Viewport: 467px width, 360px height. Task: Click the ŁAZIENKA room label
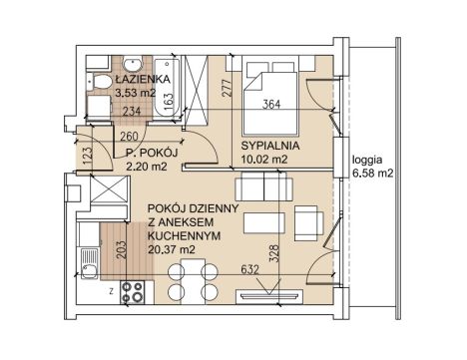click(x=143, y=80)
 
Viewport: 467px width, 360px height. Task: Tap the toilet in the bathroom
click(x=99, y=82)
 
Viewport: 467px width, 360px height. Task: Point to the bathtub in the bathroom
click(x=168, y=88)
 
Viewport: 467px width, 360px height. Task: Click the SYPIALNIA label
click(x=270, y=146)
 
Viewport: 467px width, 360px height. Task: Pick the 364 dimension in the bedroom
click(x=271, y=105)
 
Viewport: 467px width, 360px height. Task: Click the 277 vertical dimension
click(x=227, y=88)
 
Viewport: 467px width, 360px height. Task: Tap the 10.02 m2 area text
click(x=264, y=160)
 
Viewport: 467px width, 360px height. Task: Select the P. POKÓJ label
click(x=152, y=154)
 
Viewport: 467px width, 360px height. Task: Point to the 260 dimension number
click(x=129, y=137)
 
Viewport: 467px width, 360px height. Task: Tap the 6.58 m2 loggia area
click(x=373, y=174)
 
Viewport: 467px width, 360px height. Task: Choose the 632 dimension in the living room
click(x=249, y=269)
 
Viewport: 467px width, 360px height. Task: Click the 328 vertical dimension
click(x=274, y=253)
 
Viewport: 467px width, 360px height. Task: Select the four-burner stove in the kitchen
click(x=133, y=292)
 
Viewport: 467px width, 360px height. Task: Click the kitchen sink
click(x=88, y=262)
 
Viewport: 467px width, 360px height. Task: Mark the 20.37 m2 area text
click(x=172, y=249)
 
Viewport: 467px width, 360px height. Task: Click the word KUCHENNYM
click(x=184, y=235)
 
